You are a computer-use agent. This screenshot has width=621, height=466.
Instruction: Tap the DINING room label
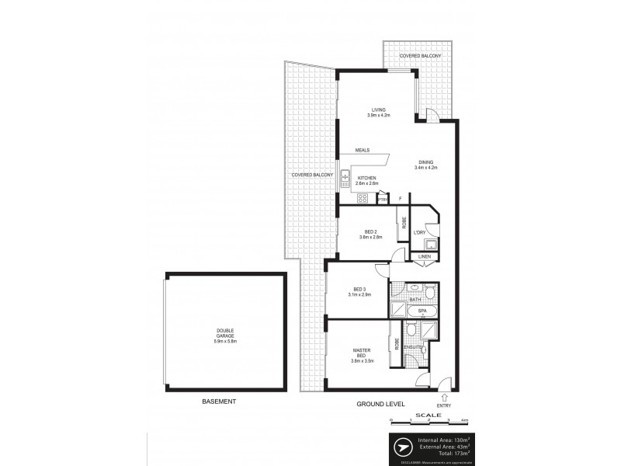pyautogui.click(x=427, y=164)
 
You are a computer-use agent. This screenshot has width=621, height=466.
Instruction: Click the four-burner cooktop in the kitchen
pyautogui.click(x=362, y=198)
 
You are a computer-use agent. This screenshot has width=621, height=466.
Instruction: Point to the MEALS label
pyautogui.click(x=363, y=150)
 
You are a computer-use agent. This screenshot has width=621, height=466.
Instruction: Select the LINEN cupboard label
pyautogui.click(x=424, y=257)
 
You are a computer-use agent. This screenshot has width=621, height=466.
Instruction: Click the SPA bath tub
pyautogui.click(x=422, y=311)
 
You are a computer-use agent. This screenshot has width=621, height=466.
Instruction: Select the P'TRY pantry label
pyautogui.click(x=382, y=200)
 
